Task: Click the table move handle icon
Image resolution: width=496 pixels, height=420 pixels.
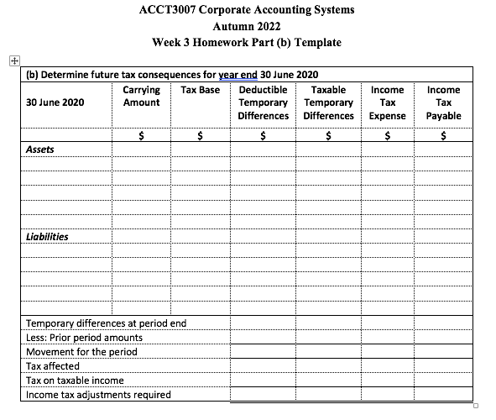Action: tap(9, 60)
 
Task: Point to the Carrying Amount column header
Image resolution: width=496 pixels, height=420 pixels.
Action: tap(141, 95)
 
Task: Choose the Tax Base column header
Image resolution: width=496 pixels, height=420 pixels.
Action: tap(200, 89)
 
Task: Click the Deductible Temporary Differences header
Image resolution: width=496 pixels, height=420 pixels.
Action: tap(263, 102)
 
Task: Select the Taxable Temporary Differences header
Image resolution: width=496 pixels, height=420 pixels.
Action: tap(328, 102)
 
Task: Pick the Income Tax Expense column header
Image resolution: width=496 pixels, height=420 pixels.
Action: tap(387, 102)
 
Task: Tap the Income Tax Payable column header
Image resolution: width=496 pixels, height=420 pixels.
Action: tap(443, 102)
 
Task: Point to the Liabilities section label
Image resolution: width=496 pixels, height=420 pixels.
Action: tap(47, 236)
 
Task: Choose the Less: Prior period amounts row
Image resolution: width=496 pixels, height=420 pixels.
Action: tap(85, 338)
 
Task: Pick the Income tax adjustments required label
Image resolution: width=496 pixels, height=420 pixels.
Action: tap(99, 395)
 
